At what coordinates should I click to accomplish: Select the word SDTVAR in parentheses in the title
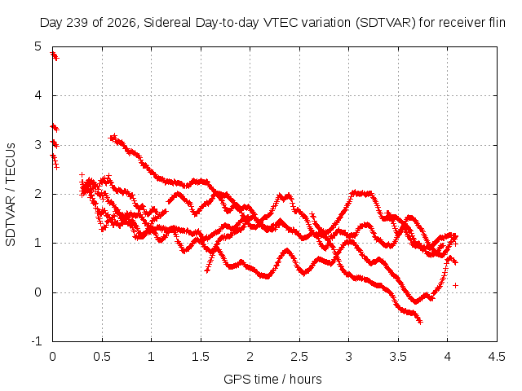[386, 23]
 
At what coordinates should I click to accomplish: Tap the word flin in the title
[498, 23]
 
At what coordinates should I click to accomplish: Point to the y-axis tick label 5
[38, 46]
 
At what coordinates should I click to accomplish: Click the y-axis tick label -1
[37, 341]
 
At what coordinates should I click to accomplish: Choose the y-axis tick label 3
[38, 145]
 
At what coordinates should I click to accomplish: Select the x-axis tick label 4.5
[497, 357]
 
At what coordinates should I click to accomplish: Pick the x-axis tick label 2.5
[299, 357]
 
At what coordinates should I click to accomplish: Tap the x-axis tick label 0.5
[102, 357]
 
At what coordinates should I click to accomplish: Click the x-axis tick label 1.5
[201, 357]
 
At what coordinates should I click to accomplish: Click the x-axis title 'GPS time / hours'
[272, 379]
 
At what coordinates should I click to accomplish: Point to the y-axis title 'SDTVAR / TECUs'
[11, 195]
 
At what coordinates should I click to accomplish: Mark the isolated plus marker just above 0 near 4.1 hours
[455, 285]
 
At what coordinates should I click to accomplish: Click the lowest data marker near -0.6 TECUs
[420, 322]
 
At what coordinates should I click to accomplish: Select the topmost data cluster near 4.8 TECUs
[55, 56]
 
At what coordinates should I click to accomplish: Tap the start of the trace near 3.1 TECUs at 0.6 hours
[112, 138]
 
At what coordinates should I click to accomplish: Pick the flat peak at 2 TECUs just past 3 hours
[361, 193]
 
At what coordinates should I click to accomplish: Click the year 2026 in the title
[122, 23]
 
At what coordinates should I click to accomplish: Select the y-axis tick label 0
[38, 292]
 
